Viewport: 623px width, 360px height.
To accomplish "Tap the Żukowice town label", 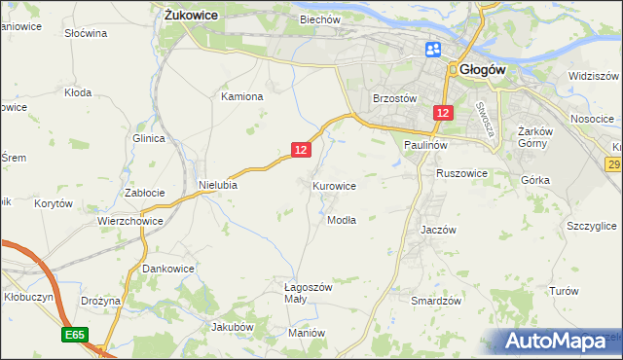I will [x=190, y=16].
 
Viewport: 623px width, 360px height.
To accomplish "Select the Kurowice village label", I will [x=334, y=185].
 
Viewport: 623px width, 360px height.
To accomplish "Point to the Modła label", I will [x=341, y=220].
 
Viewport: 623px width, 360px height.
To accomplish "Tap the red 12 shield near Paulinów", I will [x=443, y=114].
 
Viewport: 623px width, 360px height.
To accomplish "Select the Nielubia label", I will [x=218, y=184].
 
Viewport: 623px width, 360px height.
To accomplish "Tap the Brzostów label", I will [x=395, y=98].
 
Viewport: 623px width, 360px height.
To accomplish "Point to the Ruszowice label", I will [x=461, y=173].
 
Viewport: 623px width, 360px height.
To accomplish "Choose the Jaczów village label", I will [x=438, y=230].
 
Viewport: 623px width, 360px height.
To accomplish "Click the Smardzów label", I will [x=435, y=301].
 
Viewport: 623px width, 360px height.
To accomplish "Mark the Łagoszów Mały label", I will [x=308, y=293].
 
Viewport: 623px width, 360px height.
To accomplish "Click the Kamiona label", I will [x=242, y=96].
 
